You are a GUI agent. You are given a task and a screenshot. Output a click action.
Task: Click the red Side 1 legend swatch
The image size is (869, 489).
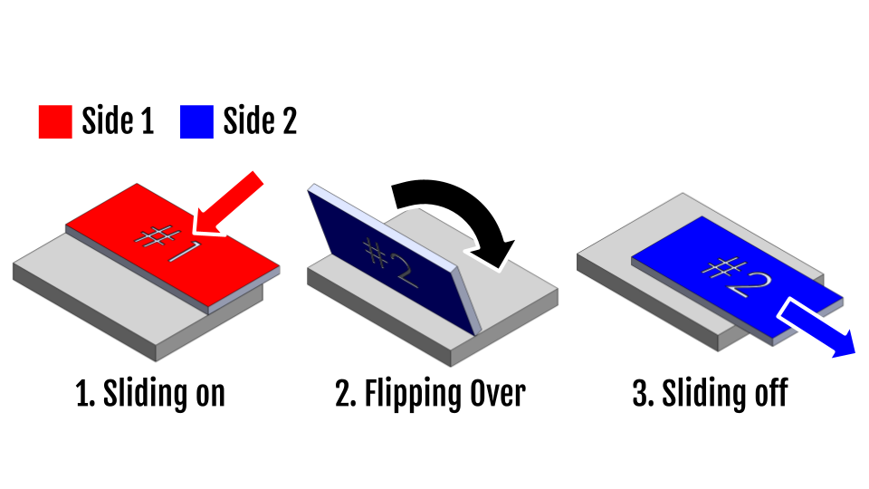(x=54, y=121)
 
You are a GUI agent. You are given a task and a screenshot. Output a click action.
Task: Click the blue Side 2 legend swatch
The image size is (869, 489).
(x=196, y=121)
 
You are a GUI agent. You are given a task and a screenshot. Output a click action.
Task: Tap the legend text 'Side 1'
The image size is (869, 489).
(x=118, y=121)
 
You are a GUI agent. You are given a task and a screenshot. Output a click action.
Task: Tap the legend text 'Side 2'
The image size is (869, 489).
(x=260, y=121)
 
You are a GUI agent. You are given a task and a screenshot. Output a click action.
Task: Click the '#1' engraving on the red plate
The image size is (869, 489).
(x=167, y=243)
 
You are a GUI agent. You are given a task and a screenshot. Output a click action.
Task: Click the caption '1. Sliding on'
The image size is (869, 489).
(x=149, y=395)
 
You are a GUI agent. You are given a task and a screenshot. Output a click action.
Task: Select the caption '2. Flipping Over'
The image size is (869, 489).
(x=430, y=396)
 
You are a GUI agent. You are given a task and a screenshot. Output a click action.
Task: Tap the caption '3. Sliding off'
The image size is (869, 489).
(x=711, y=395)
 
